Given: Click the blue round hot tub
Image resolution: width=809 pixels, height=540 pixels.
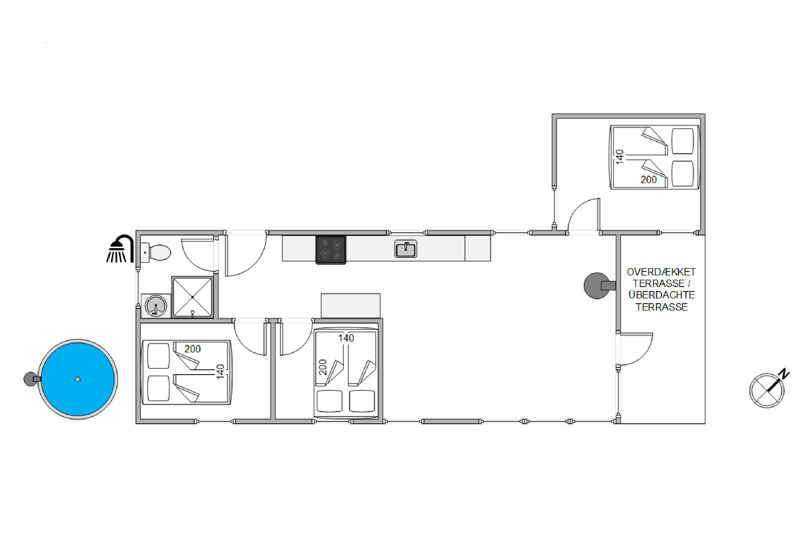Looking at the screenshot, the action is pos(78,379).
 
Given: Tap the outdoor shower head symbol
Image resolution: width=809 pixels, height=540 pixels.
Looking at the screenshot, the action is pos(120,249).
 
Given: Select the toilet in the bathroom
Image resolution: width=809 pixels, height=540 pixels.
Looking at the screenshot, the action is pos(156,252).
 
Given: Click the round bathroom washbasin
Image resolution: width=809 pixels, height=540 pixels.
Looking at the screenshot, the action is pos(156,305).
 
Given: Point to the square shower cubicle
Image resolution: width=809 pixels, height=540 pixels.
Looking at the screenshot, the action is pos(192,296).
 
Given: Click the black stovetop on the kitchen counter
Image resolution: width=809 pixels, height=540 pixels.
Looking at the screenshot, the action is pos(331,250).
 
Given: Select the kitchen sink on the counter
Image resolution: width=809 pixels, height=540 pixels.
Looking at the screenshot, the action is pos(406,249).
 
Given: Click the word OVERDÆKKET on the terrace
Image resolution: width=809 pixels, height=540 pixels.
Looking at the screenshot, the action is pos(661,272).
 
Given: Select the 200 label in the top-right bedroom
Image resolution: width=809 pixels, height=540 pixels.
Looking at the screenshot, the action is pos(649,180).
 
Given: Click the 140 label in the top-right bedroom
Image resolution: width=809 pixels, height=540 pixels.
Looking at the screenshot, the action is pos(619,157).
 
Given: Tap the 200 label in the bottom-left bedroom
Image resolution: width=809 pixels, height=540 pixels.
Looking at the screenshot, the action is pos(192,349).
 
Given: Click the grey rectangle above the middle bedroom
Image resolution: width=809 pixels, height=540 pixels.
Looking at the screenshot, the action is pos(351,305).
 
